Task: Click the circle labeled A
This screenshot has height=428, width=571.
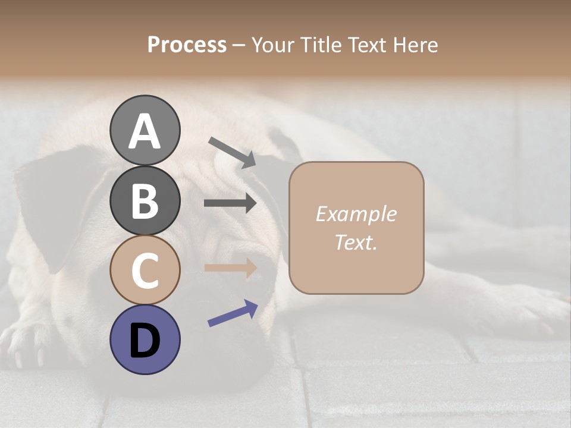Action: click(x=145, y=130)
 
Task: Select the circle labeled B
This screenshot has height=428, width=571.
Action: click(x=145, y=200)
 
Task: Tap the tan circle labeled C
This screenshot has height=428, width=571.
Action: click(x=145, y=270)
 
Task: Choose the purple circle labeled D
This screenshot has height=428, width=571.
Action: click(x=145, y=339)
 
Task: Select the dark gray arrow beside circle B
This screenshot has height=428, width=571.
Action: click(x=230, y=203)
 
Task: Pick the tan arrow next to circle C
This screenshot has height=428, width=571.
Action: click(x=230, y=267)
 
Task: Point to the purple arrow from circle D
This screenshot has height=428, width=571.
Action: click(x=233, y=313)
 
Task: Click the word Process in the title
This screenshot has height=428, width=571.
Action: click(x=187, y=45)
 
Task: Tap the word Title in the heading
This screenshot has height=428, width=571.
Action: click(x=322, y=45)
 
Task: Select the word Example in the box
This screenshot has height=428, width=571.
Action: click(x=356, y=214)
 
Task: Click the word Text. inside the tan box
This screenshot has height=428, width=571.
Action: click(x=356, y=242)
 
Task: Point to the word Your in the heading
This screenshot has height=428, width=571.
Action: click(x=273, y=45)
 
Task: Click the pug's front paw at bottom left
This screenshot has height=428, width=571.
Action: click(x=27, y=345)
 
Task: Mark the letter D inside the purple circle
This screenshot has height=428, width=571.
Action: click(x=145, y=340)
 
